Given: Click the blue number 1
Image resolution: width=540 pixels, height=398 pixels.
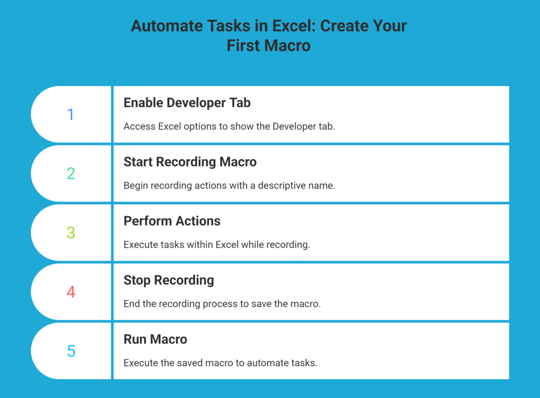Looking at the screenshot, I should (71, 114).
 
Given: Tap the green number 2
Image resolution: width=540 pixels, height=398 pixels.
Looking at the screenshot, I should (71, 173).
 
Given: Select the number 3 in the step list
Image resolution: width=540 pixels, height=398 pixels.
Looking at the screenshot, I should (71, 232).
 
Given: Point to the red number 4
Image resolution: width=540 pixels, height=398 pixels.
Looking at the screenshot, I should (71, 292).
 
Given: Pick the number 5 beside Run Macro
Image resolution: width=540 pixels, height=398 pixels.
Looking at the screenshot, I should (71, 351).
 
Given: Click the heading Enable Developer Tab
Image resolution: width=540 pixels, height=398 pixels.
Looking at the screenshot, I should (187, 103).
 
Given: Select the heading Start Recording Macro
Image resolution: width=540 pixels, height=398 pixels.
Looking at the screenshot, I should (190, 162).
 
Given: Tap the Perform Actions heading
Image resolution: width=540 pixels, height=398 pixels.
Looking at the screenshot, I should (172, 221).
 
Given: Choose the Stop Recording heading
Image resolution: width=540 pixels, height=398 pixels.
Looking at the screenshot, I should (169, 280).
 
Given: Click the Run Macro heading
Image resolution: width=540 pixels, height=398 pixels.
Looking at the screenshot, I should (155, 339).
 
